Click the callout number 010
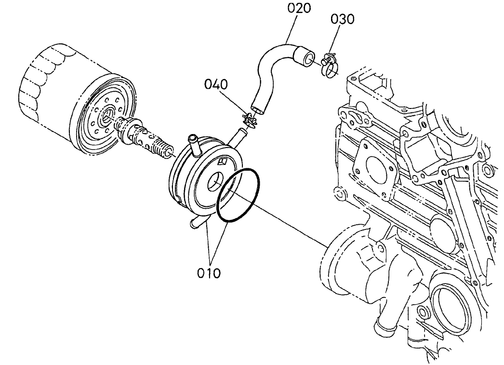click(209, 273)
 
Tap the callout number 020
click(299, 8)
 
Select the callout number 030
click(343, 19)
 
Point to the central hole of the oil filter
click(106, 115)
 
